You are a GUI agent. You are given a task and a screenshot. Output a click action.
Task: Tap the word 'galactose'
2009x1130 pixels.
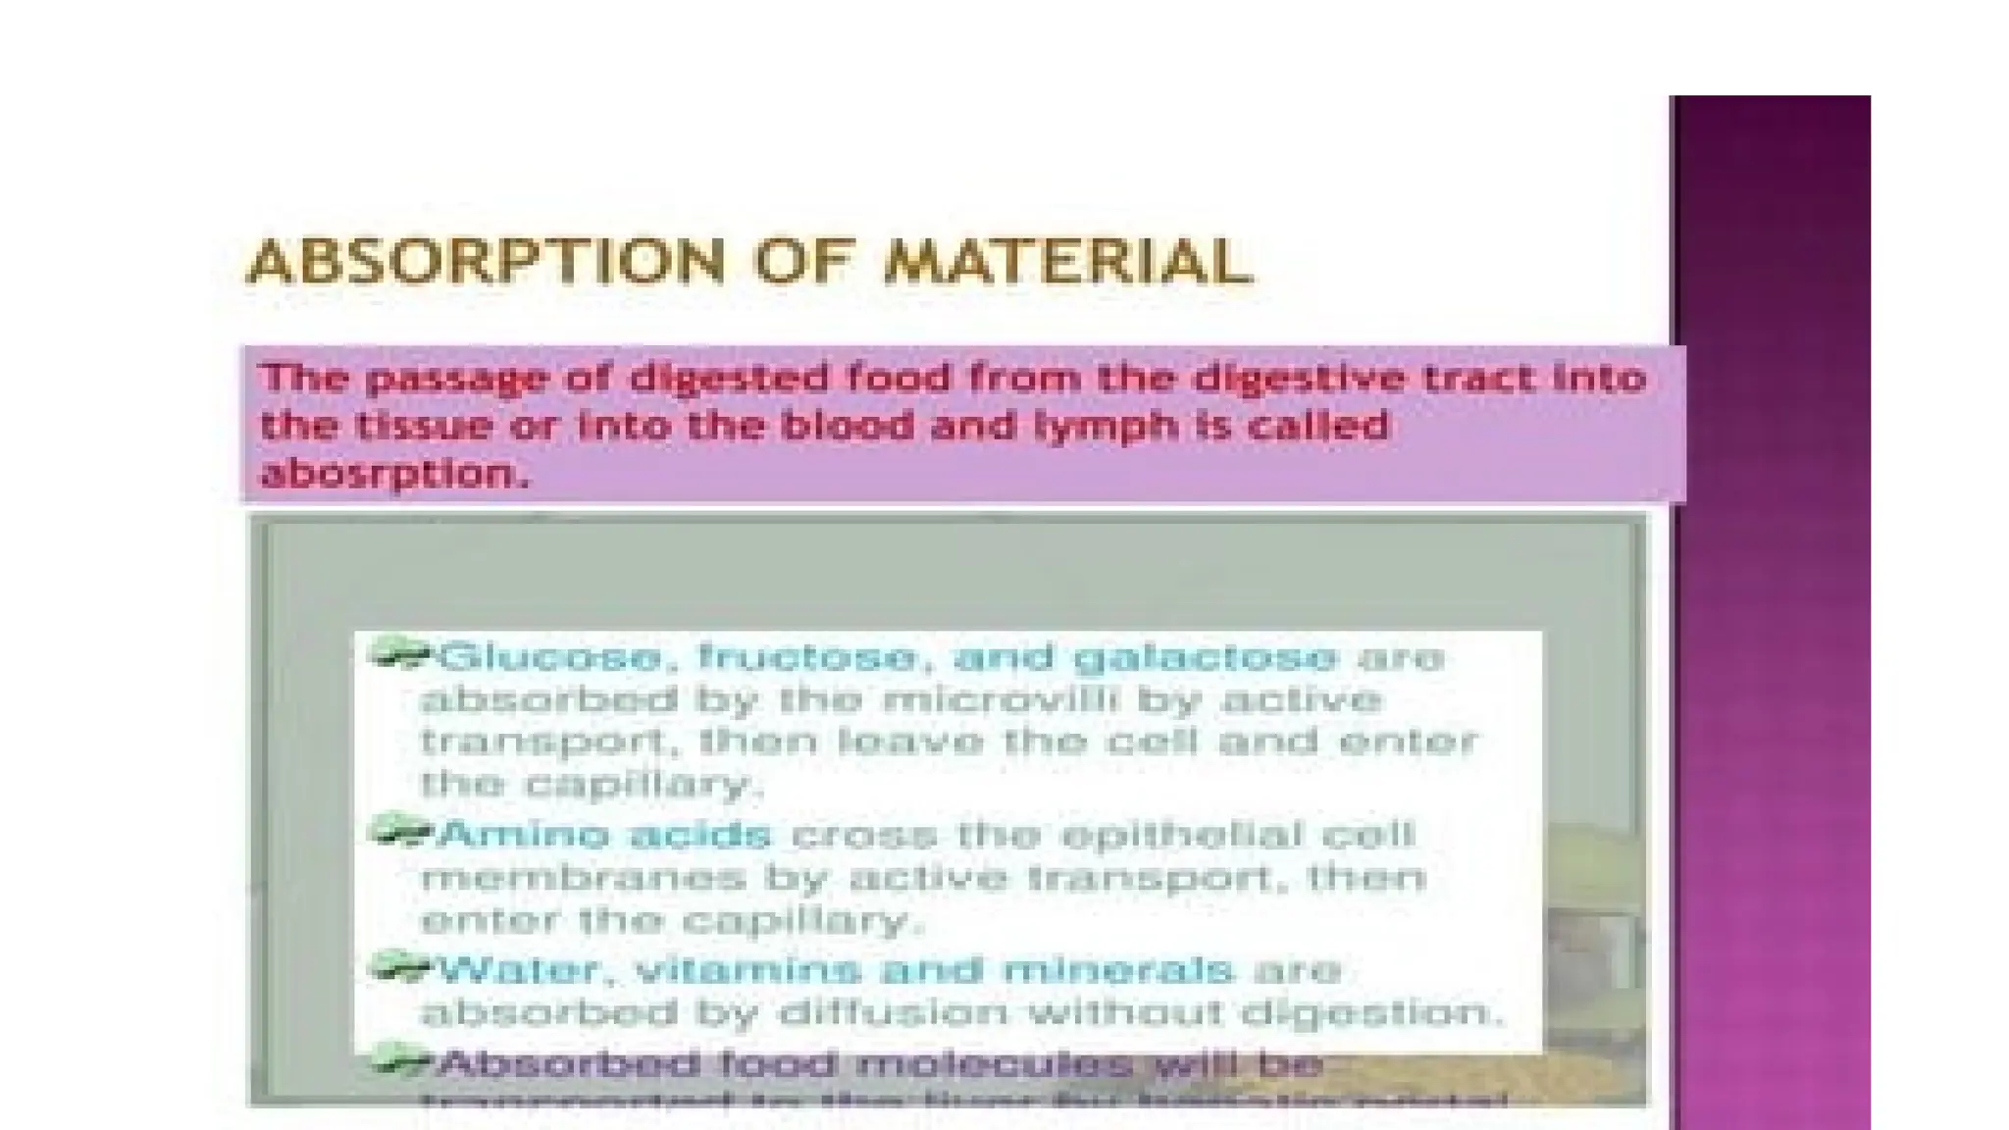click(x=1205, y=656)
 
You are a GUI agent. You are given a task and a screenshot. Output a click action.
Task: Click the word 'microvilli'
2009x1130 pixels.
click(x=993, y=699)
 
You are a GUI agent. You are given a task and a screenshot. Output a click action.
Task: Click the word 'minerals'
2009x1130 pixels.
click(x=1108, y=970)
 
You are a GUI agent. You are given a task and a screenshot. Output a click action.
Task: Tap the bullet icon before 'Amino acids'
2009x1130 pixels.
click(x=400, y=832)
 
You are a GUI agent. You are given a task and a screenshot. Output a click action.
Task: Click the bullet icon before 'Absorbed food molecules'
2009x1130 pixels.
click(x=400, y=1060)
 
